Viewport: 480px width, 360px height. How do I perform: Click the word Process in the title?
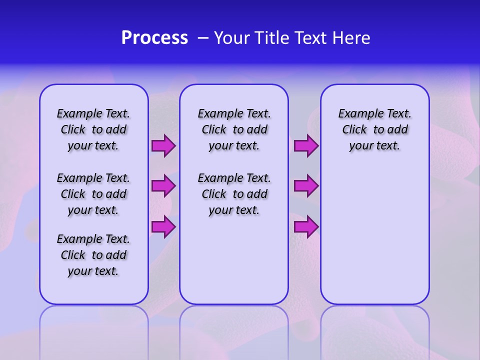(154, 38)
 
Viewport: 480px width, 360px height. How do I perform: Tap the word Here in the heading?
(351, 38)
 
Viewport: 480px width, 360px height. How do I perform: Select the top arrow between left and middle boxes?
(163, 146)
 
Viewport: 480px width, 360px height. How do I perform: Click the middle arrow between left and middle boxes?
(163, 186)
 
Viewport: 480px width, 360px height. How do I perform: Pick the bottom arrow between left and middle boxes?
(163, 227)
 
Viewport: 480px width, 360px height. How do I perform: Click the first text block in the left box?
(93, 129)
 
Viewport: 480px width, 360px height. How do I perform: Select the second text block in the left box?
(93, 194)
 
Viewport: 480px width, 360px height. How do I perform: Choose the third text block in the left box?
(93, 255)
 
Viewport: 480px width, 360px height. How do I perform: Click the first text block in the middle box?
(234, 129)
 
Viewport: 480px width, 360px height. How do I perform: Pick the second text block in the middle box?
(234, 194)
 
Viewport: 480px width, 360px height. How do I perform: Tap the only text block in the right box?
(374, 129)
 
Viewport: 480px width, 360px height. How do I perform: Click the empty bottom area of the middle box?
(234, 265)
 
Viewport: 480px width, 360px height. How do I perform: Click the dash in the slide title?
(202, 38)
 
